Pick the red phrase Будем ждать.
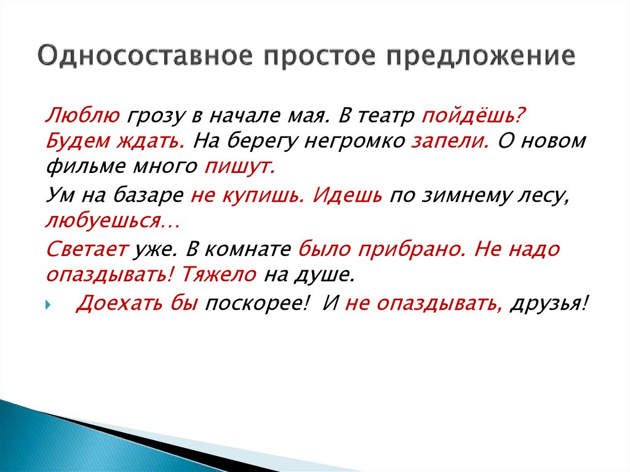point(114,142)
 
